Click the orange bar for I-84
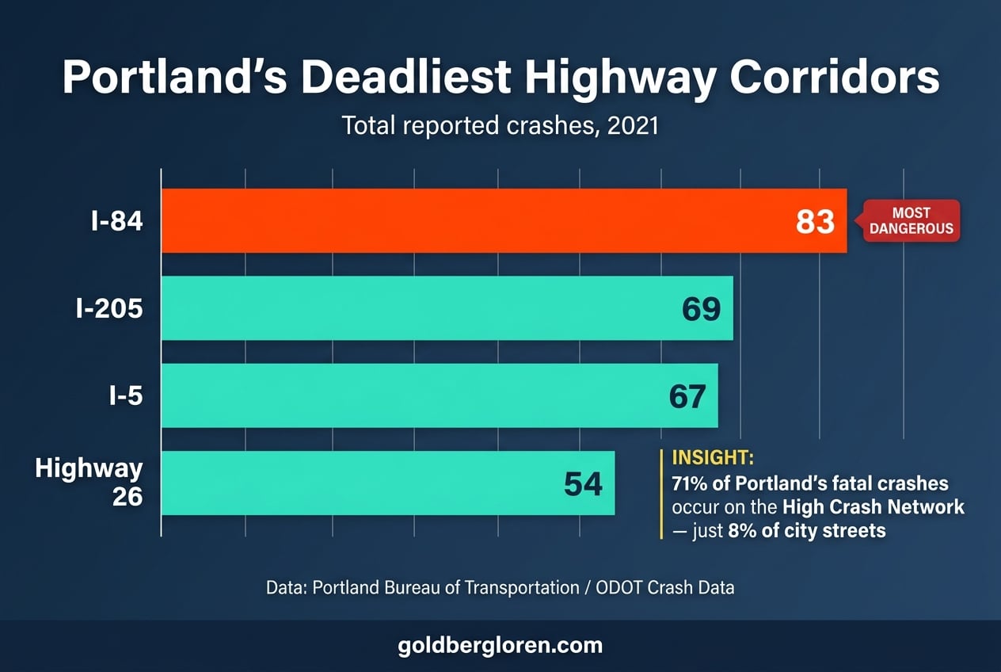(475, 221)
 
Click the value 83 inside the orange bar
(815, 222)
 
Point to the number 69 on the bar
(701, 309)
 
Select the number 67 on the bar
(687, 396)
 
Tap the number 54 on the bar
(583, 483)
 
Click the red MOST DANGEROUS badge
(911, 221)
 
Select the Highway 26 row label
(89, 483)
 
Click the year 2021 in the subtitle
(632, 125)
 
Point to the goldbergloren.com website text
(500, 646)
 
